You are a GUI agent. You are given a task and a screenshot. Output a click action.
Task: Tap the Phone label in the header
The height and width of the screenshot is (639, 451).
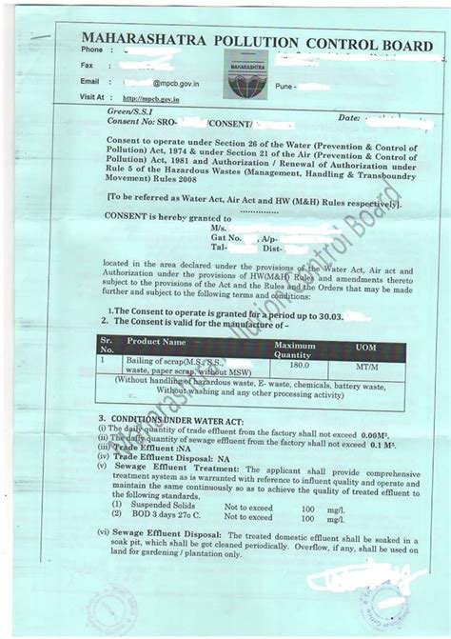click(x=91, y=49)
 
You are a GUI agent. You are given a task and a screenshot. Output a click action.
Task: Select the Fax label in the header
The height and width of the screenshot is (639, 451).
click(x=88, y=65)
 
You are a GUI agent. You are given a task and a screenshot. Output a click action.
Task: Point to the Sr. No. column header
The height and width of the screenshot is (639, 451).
click(x=108, y=344)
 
